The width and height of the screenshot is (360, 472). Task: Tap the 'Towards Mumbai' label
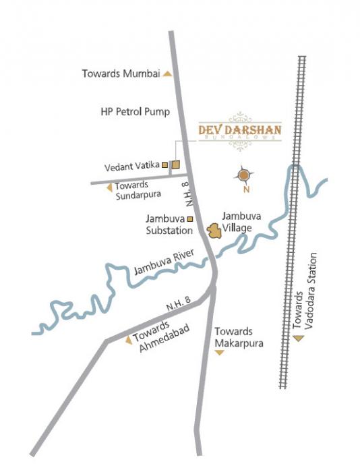coord(120,74)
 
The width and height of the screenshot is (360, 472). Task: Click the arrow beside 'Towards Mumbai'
coord(167,74)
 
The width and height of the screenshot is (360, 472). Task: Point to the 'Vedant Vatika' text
coord(131,165)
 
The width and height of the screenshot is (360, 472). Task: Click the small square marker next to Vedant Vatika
coord(164,164)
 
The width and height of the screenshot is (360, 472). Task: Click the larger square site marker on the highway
coord(175,164)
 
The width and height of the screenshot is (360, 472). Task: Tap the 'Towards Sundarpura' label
coord(134,191)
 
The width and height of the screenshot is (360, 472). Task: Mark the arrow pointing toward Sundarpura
coord(109,187)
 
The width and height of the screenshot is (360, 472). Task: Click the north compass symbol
coord(244,176)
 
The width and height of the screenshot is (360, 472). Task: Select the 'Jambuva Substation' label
coord(164,225)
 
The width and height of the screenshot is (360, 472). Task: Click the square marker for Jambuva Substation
coord(190,218)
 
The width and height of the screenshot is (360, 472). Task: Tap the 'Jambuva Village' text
coord(241,223)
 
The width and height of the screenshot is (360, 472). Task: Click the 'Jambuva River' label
coord(164,262)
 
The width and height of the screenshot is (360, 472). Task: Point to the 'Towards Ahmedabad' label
coord(159,338)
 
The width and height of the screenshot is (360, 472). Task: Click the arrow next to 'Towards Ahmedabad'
coord(128,341)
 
